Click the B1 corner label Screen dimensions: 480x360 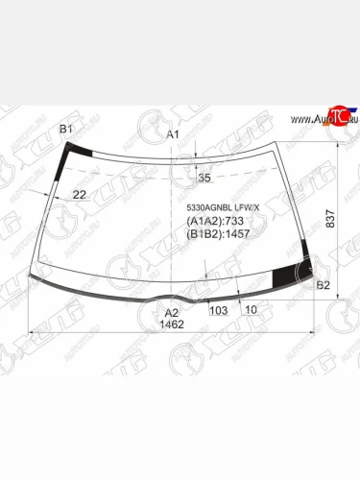pyautogui.click(x=66, y=129)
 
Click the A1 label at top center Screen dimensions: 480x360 pyautogui.click(x=174, y=134)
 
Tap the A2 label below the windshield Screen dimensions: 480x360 pyautogui.click(x=171, y=312)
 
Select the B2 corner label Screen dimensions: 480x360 pyautogui.click(x=324, y=285)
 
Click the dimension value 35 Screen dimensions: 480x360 pyautogui.click(x=204, y=179)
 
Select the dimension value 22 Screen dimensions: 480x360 pyautogui.click(x=80, y=195)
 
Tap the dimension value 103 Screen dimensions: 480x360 pyautogui.click(x=218, y=309)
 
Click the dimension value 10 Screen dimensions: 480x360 pyautogui.click(x=251, y=309)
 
